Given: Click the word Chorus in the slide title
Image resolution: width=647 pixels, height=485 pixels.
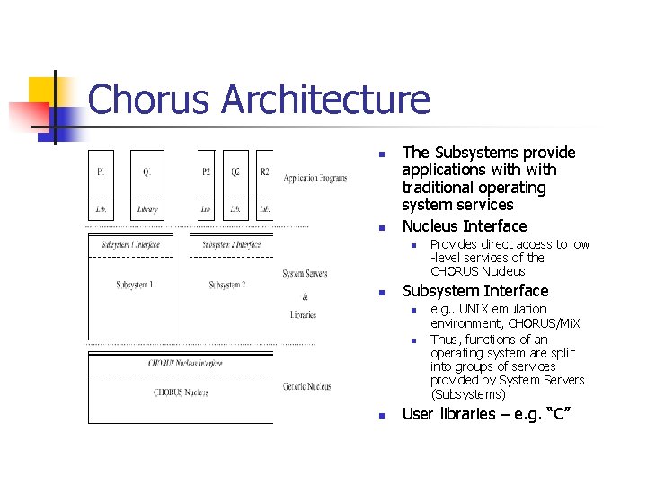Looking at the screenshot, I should coord(149,100).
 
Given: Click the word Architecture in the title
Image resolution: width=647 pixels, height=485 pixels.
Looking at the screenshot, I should coord(325,100).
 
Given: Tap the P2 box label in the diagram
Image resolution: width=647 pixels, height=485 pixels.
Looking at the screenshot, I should coord(206,171).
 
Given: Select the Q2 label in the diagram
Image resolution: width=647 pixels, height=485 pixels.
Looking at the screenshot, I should coord(235,171).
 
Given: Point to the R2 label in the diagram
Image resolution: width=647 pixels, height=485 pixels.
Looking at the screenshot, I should coord(264,171).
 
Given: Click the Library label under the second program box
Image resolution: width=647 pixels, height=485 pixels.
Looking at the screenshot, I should coord(147,209).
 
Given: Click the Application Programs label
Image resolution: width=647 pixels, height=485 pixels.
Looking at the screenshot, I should coord(315,179).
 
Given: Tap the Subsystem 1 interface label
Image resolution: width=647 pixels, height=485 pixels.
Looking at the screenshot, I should coord(130,244).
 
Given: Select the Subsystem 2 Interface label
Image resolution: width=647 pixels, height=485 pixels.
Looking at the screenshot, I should coord(231,244).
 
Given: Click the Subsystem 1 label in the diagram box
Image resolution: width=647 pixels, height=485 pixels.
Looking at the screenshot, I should coord(134,285).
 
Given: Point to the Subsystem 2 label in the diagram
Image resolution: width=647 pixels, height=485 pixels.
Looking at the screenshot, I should coord(226,285).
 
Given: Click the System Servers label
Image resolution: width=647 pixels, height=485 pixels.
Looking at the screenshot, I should coord(305,273).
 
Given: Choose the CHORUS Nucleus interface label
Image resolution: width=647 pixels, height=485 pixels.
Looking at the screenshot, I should coord(185,363).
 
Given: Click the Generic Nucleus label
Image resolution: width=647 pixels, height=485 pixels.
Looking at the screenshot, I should coord(306,386).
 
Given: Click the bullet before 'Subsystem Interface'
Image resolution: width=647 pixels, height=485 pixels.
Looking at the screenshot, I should coord(381,293).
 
